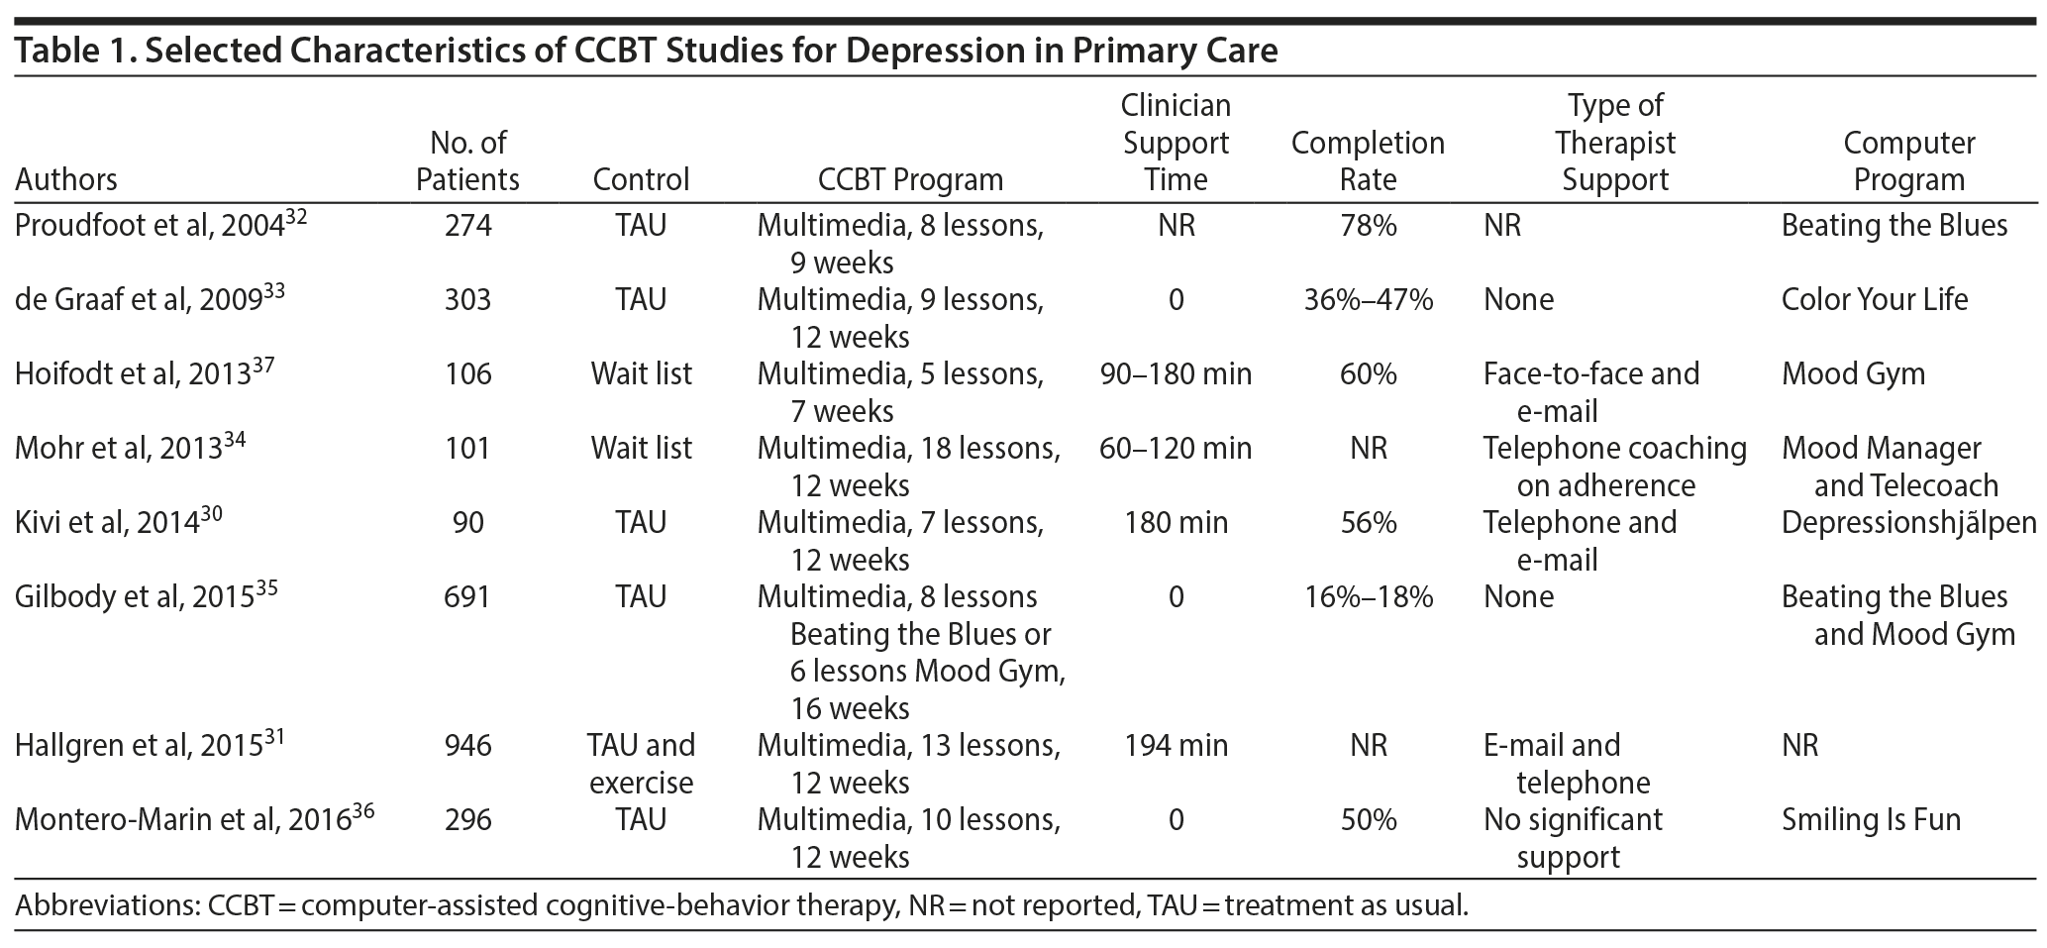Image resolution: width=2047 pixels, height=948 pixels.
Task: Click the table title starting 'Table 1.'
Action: [x=646, y=51]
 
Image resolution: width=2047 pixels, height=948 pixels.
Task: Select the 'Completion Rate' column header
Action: [x=1368, y=161]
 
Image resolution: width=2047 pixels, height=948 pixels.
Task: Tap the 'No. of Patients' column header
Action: [x=467, y=161]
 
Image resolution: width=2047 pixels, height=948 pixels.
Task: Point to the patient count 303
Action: [x=467, y=300]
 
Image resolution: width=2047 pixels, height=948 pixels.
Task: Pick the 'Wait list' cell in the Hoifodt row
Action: [x=641, y=374]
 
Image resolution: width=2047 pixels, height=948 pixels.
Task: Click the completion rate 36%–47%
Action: [x=1368, y=300]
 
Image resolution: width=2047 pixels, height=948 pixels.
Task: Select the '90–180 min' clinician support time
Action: [x=1176, y=374]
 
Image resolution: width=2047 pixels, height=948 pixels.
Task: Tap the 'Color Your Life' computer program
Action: [x=1874, y=300]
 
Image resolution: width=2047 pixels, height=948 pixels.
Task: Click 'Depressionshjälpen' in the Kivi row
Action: [x=1908, y=523]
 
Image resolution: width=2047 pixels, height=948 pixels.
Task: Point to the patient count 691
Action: [x=467, y=597]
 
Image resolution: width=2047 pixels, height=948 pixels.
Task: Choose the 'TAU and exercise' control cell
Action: [x=641, y=764]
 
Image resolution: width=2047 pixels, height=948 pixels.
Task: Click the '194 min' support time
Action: [x=1176, y=746]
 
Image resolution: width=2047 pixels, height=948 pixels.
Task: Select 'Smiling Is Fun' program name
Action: [x=1871, y=820]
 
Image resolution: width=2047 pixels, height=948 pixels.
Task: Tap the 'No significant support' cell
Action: [x=1573, y=838]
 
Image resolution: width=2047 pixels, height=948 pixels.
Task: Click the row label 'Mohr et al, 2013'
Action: [x=130, y=449]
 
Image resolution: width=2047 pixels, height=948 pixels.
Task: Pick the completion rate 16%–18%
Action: [x=1368, y=597]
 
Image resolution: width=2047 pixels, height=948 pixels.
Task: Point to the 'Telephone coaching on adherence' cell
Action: [x=1614, y=467]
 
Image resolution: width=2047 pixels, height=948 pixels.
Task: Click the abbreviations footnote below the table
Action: [x=741, y=905]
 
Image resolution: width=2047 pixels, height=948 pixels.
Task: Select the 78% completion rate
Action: [x=1368, y=226]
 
